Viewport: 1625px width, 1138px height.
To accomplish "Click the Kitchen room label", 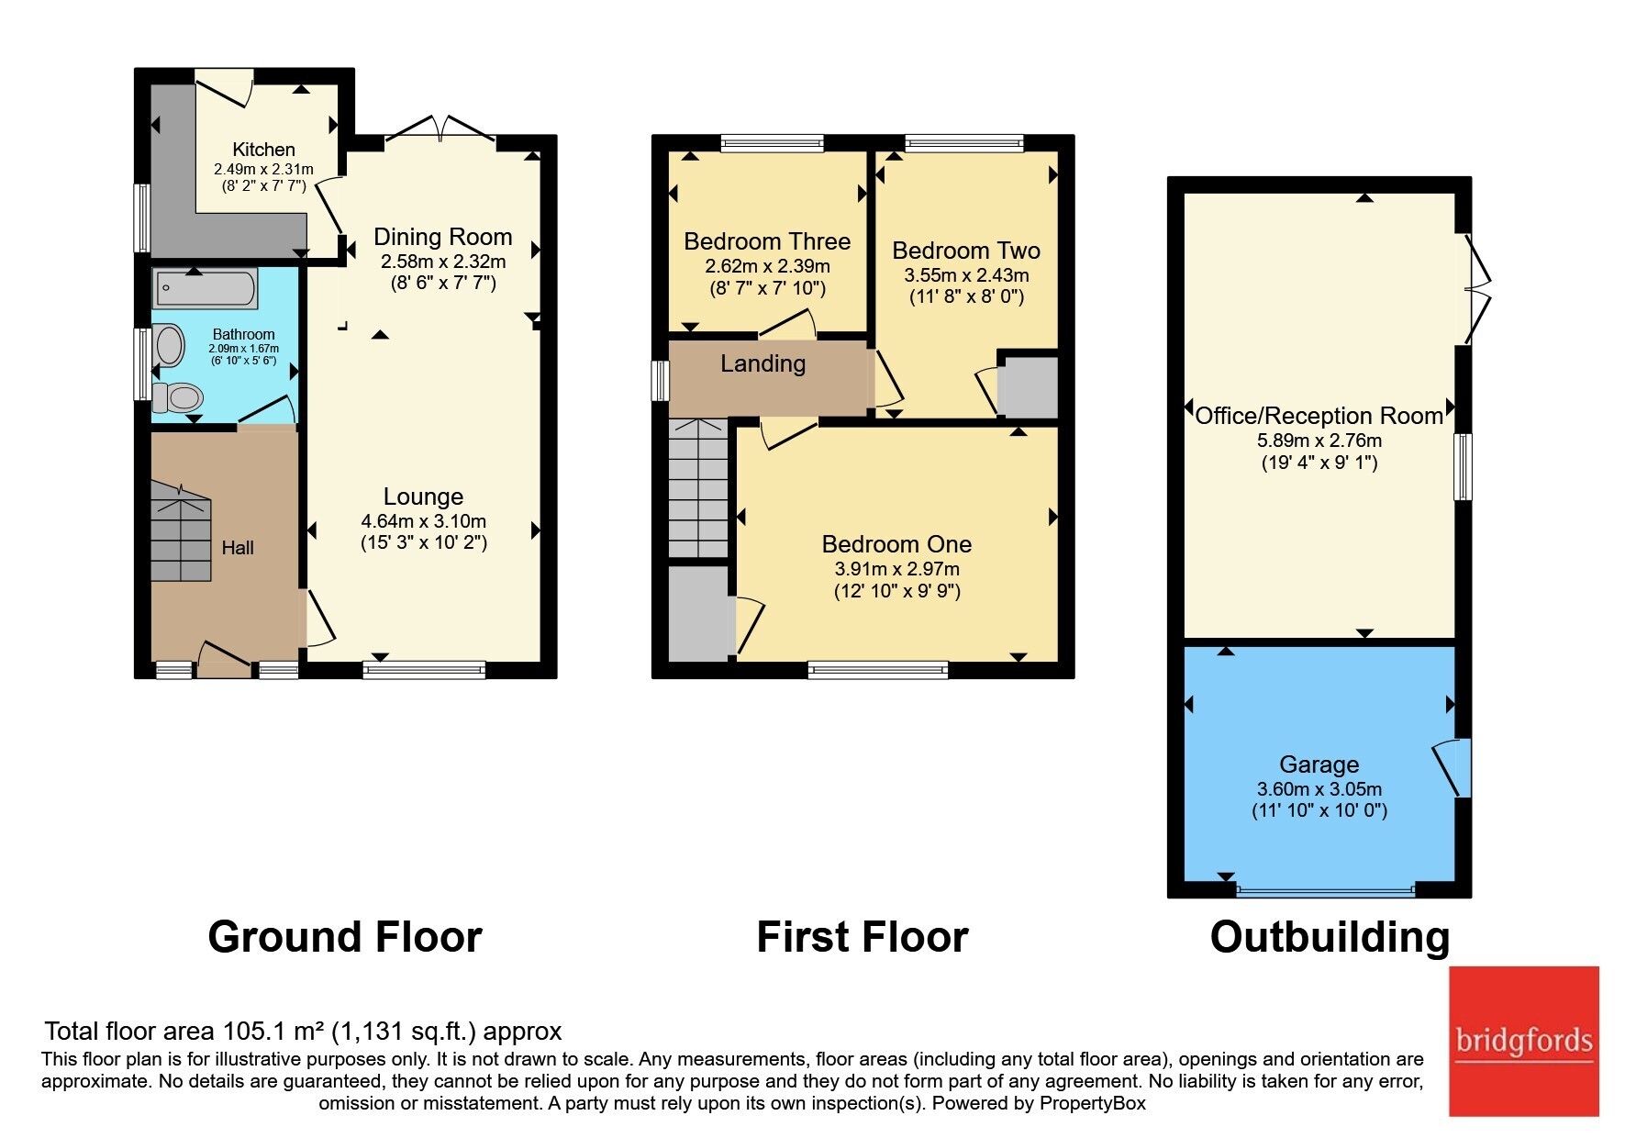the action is coord(263,150).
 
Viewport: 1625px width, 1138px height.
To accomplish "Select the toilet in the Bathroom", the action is coord(177,397).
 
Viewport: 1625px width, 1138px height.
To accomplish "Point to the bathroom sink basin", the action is coord(169,346).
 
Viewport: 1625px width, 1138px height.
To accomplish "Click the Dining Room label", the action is coord(442,237).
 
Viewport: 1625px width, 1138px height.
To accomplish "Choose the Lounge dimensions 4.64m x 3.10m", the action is coord(424,521).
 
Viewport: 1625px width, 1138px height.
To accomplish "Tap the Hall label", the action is coord(238,548).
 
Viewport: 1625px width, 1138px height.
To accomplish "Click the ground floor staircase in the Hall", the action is coord(181,532).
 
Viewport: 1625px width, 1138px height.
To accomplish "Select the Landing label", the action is coord(763,363).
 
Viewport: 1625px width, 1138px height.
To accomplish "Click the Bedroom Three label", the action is coord(767,241).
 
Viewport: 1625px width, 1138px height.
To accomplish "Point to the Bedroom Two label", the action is coord(966,251).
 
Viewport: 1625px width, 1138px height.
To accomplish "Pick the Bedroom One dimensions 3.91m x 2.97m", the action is coord(897,569).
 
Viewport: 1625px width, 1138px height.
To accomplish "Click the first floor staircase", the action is coord(698,488).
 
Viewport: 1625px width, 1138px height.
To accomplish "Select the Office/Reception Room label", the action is coord(1319,416).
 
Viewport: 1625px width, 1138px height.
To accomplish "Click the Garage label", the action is coord(1319,764).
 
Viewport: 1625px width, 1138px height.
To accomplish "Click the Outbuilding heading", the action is coord(1330,937).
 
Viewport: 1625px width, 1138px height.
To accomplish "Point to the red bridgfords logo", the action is coord(1524,1041).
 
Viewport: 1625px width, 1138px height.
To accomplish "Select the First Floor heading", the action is coord(863,937).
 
